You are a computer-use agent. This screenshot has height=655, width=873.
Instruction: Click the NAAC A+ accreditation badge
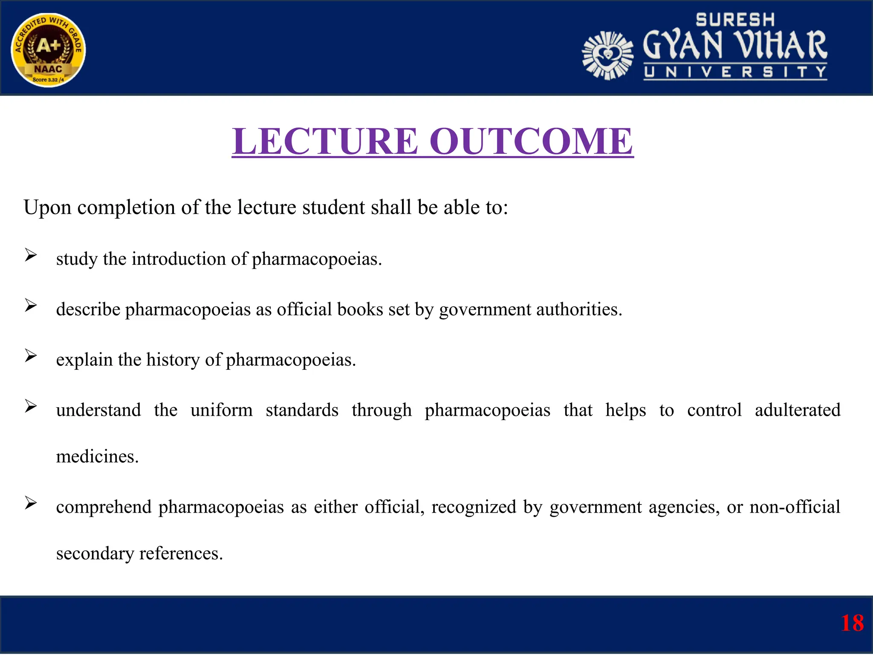coord(48,50)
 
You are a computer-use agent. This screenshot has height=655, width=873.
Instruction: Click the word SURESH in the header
coord(735,20)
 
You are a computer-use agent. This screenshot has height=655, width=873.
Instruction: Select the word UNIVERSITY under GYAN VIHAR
coord(735,72)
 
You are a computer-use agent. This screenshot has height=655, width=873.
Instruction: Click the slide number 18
coord(852,623)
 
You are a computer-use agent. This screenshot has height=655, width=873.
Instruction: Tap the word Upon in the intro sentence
coord(47,208)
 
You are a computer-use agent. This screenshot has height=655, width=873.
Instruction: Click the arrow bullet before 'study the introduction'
coord(31,255)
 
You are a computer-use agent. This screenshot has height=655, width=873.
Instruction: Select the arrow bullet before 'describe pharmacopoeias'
coord(31,305)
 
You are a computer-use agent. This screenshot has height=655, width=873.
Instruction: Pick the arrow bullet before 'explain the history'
coord(31,356)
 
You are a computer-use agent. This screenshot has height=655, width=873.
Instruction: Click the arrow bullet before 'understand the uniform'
coord(31,406)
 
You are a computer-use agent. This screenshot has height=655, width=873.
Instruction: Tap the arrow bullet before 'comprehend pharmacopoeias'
coord(31,503)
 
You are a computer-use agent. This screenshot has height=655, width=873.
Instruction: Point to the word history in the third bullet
coord(173,359)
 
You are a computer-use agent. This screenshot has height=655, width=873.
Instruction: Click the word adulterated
coord(797,410)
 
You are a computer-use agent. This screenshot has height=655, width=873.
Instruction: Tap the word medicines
coord(97,457)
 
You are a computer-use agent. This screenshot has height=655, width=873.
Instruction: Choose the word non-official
coord(795,507)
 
